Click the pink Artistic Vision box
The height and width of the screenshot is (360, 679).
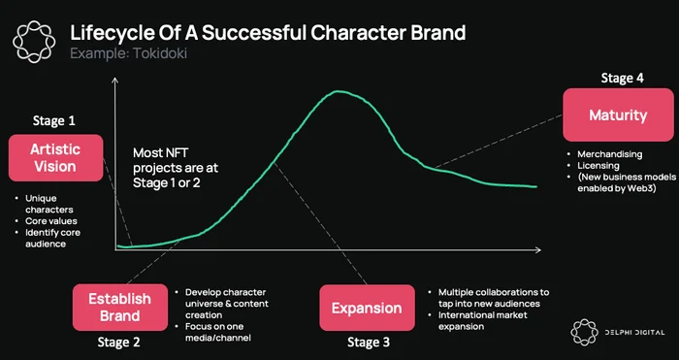click(56, 158)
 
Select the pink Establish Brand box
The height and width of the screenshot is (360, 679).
click(120, 308)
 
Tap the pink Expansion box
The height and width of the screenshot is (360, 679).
click(367, 308)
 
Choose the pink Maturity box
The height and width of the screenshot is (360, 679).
click(618, 115)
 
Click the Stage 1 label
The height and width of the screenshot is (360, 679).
click(54, 121)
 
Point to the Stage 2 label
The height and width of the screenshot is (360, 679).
click(118, 343)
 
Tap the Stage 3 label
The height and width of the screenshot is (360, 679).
click(369, 343)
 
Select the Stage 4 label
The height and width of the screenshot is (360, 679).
click(623, 78)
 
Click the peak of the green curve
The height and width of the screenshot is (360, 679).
click(339, 91)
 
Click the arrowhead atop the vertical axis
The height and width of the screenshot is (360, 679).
click(114, 81)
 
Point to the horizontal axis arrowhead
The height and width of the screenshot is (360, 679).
click(537, 250)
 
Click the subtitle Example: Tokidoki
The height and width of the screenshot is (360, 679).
click(129, 53)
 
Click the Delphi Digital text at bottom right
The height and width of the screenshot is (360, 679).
click(634, 333)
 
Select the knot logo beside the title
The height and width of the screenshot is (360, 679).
click(34, 42)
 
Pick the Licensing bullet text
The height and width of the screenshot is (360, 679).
click(598, 166)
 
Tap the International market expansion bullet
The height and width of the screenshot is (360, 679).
click(483, 320)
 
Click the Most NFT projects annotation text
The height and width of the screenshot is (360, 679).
click(176, 168)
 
